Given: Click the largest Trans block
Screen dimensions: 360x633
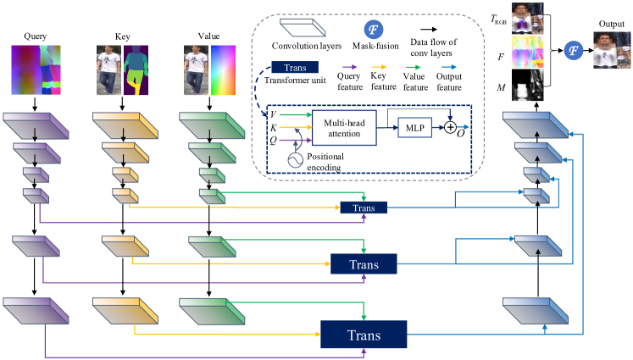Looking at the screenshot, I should click(x=364, y=335).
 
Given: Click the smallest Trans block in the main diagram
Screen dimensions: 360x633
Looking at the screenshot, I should click(x=364, y=207).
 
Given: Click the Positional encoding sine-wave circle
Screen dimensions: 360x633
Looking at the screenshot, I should click(x=294, y=158).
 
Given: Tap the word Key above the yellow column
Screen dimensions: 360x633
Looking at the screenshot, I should click(x=123, y=38).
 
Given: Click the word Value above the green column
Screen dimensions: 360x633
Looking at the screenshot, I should click(x=200, y=38).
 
